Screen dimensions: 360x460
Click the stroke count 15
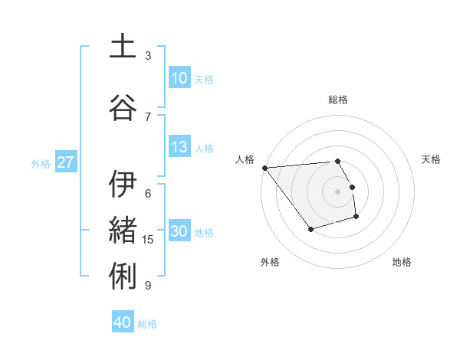click(148, 240)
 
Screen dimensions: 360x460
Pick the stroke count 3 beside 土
click(148, 56)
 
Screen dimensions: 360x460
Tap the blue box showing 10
click(179, 78)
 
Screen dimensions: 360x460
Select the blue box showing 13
click(179, 147)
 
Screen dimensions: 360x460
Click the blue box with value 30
click(179, 231)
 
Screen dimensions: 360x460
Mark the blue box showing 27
click(65, 162)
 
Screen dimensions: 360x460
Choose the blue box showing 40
click(123, 322)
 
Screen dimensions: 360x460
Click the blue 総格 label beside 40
click(148, 324)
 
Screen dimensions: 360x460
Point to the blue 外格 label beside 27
click(41, 163)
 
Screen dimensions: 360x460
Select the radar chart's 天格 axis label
click(431, 159)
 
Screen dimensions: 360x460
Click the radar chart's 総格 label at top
click(338, 100)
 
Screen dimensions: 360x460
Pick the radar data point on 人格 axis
click(264, 168)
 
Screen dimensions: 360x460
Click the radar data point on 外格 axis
click(310, 229)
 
